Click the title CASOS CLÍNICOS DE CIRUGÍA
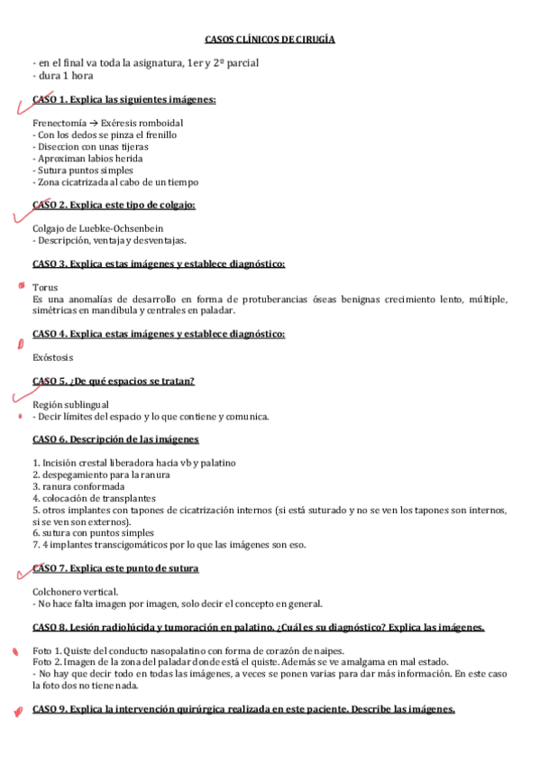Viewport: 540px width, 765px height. point(270,40)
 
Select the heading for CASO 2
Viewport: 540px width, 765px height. point(114,205)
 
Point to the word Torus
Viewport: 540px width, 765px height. point(45,288)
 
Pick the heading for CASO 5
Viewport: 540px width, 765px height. point(114,382)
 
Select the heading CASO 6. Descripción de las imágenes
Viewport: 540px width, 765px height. point(115,439)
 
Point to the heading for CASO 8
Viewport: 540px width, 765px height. point(258,627)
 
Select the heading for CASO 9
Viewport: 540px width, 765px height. point(243,709)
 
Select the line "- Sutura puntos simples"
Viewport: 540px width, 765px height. point(82,170)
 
